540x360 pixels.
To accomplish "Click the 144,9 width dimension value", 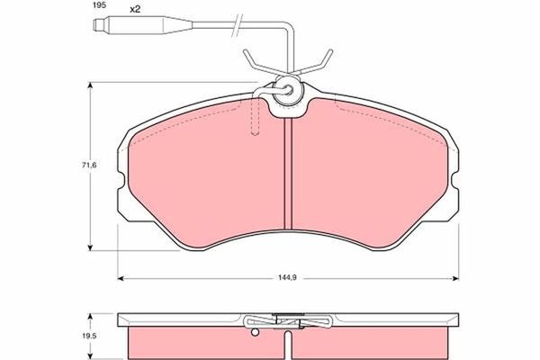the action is [287, 278].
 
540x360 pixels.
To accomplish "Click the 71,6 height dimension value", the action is [89, 165].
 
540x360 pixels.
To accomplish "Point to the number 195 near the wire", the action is [99, 5].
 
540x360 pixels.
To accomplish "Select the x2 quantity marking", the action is [135, 9].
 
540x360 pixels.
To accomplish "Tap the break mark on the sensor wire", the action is [238, 25].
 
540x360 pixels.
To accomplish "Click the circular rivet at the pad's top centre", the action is [289, 91].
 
